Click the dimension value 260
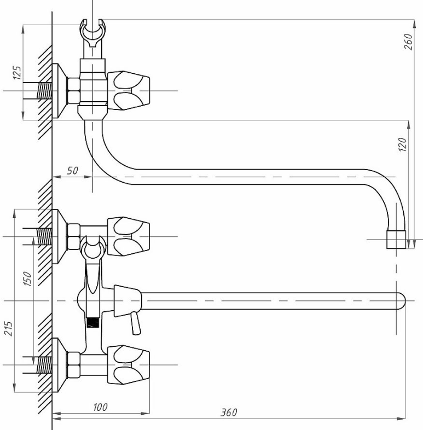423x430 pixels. [408, 42]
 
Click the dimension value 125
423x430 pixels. [17, 73]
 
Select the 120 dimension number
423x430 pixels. [402, 144]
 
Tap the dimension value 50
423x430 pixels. [72, 171]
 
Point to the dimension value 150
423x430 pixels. [27, 278]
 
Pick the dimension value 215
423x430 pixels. [8, 329]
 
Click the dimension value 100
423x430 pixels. [100, 407]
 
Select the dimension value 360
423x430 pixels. [229, 412]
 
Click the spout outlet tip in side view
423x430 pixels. [396, 240]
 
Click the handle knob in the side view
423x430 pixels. [129, 90]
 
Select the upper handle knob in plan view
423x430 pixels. [129, 236]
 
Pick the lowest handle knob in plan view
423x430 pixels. [129, 365]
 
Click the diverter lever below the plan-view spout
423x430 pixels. [136, 324]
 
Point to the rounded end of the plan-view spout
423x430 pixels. [401, 301]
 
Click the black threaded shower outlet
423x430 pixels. [92, 323]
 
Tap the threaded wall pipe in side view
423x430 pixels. [44, 90]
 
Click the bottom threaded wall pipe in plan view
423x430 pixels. [44, 365]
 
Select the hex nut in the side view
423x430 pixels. [74, 91]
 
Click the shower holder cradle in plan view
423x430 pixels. [92, 248]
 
